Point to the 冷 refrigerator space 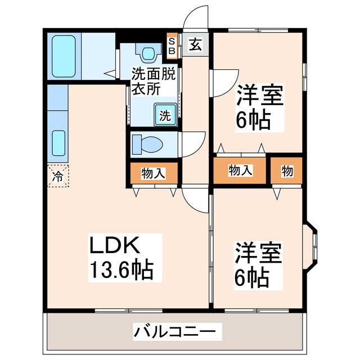[x=58, y=175]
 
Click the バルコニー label [x=174, y=330]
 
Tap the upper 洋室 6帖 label [x=259, y=106]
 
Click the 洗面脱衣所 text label [x=153, y=80]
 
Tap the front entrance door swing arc [x=197, y=16]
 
